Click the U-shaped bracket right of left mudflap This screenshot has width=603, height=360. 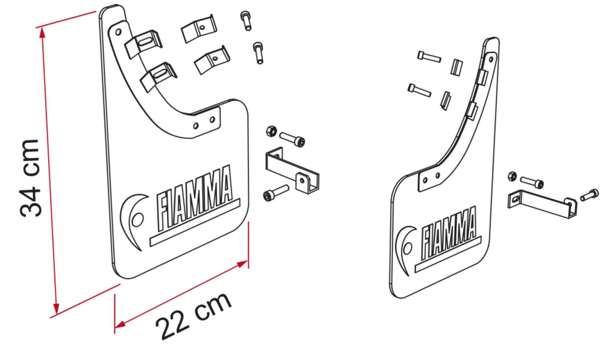tap(292, 169)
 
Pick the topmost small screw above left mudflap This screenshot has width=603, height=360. tap(245, 20)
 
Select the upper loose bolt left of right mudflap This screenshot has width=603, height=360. tap(429, 57)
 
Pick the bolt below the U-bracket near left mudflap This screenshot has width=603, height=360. tap(275, 192)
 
